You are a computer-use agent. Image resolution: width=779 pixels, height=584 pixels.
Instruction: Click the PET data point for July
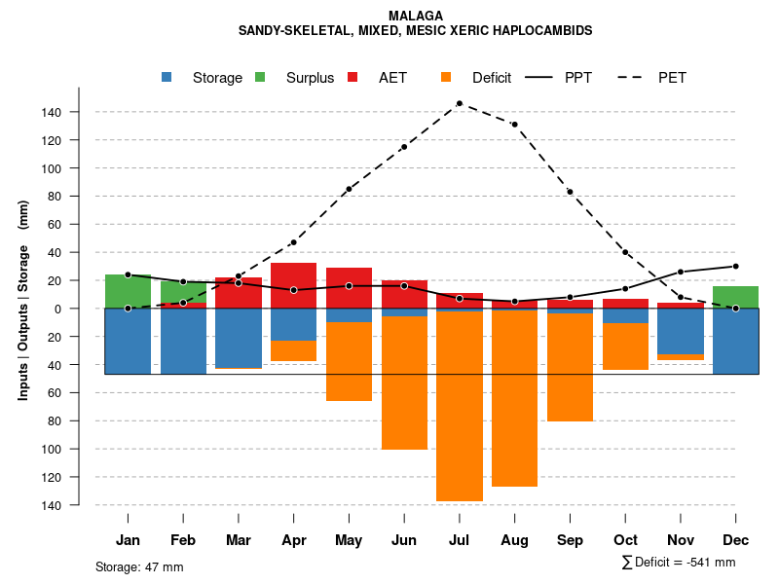click(x=459, y=103)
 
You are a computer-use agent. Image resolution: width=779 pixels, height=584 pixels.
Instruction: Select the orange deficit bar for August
click(x=514, y=399)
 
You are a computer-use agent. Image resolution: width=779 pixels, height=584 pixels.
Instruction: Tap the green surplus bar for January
click(x=128, y=291)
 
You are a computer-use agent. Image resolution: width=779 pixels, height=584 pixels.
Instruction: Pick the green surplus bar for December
click(x=736, y=297)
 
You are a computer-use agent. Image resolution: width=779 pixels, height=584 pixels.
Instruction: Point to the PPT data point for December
click(x=736, y=266)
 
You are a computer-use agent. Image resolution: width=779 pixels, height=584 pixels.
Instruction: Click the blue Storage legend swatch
click(x=167, y=78)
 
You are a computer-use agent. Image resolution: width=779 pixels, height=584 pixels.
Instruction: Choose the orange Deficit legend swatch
click(x=446, y=78)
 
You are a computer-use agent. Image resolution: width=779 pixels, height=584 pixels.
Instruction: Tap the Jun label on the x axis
click(x=404, y=540)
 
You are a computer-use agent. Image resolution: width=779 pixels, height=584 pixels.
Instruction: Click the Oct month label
click(x=625, y=540)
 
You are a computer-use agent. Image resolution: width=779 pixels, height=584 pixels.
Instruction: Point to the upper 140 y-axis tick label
click(x=52, y=113)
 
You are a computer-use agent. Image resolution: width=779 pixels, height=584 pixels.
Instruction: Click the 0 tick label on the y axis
click(x=58, y=309)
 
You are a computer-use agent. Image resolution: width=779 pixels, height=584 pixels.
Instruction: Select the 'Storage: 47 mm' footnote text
click(x=139, y=566)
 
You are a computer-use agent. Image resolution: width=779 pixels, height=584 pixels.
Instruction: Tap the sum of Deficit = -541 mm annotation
click(x=678, y=563)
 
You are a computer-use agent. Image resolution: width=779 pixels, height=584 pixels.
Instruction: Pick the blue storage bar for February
click(x=183, y=341)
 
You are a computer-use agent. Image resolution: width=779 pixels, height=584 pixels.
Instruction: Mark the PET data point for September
click(x=570, y=192)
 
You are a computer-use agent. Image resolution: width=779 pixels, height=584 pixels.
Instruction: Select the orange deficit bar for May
click(x=349, y=361)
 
